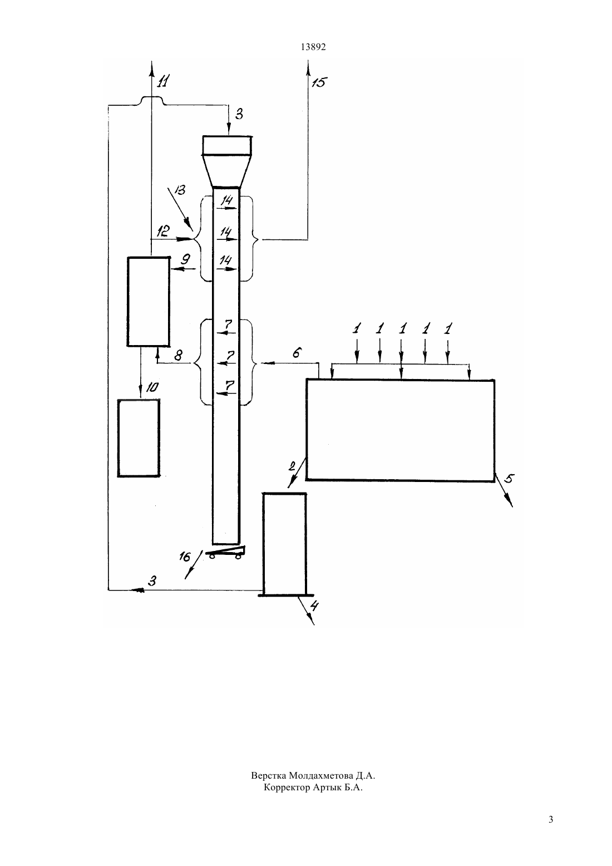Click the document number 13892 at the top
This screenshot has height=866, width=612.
pyautogui.click(x=313, y=47)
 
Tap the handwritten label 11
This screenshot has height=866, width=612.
pyautogui.click(x=163, y=81)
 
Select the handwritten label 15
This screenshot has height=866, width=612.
pyautogui.click(x=319, y=82)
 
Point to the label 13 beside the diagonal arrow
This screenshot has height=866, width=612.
pyautogui.click(x=180, y=190)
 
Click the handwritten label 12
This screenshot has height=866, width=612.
pyautogui.click(x=164, y=231)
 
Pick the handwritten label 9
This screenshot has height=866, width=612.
pyautogui.click(x=185, y=259)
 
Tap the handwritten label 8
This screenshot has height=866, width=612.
pyautogui.click(x=178, y=355)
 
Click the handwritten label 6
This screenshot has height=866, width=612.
pyautogui.click(x=297, y=353)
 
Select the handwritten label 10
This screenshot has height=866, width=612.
pyautogui.click(x=152, y=387)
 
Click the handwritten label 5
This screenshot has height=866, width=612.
pyautogui.click(x=509, y=479)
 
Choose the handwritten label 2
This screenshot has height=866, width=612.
pyautogui.click(x=292, y=466)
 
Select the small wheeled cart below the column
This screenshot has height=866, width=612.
pyautogui.click(x=225, y=552)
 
